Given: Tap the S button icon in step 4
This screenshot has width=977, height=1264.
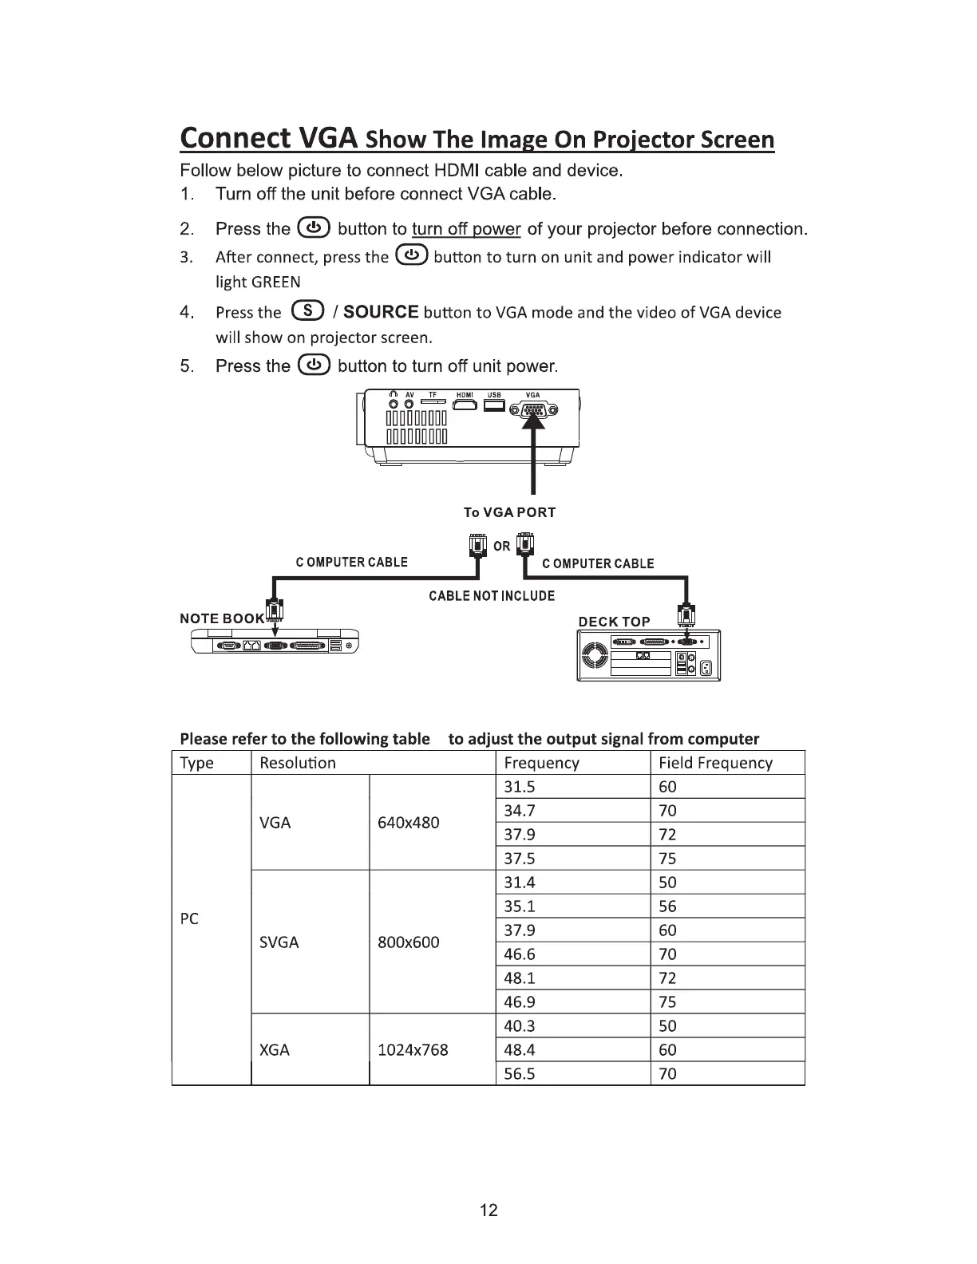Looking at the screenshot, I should pos(308,311).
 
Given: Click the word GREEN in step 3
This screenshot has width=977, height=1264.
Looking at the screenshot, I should pos(275,282).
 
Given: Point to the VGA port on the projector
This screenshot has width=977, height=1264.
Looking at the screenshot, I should pos(532,410).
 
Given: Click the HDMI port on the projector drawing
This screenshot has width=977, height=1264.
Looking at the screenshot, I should pos(465,407).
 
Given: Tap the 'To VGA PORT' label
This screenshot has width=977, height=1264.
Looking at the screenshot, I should pos(509,512).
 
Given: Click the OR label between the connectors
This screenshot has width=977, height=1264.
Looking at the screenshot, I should pos(501,547).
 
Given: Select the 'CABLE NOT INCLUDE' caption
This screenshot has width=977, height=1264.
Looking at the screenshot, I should pos(492,596).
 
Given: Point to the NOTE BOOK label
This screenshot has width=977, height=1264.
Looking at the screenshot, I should pos(222,618).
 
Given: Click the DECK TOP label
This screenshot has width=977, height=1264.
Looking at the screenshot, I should pos(614,622).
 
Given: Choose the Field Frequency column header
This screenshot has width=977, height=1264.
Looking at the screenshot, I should pos(715,763).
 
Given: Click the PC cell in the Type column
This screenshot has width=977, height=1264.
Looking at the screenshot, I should pos(189,918).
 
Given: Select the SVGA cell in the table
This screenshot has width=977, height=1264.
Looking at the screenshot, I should pos(279,942).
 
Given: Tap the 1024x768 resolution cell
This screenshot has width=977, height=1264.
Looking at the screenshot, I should pos(413,1050).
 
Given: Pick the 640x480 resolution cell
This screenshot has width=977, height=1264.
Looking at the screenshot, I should pos(408,823).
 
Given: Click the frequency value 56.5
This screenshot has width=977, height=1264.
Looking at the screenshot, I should pos(520,1074).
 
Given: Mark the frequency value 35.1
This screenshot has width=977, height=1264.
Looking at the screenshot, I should pos(520,907).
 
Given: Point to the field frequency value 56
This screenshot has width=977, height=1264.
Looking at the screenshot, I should pos(667,907).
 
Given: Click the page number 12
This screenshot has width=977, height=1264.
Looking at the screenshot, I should pos(489,1211).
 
